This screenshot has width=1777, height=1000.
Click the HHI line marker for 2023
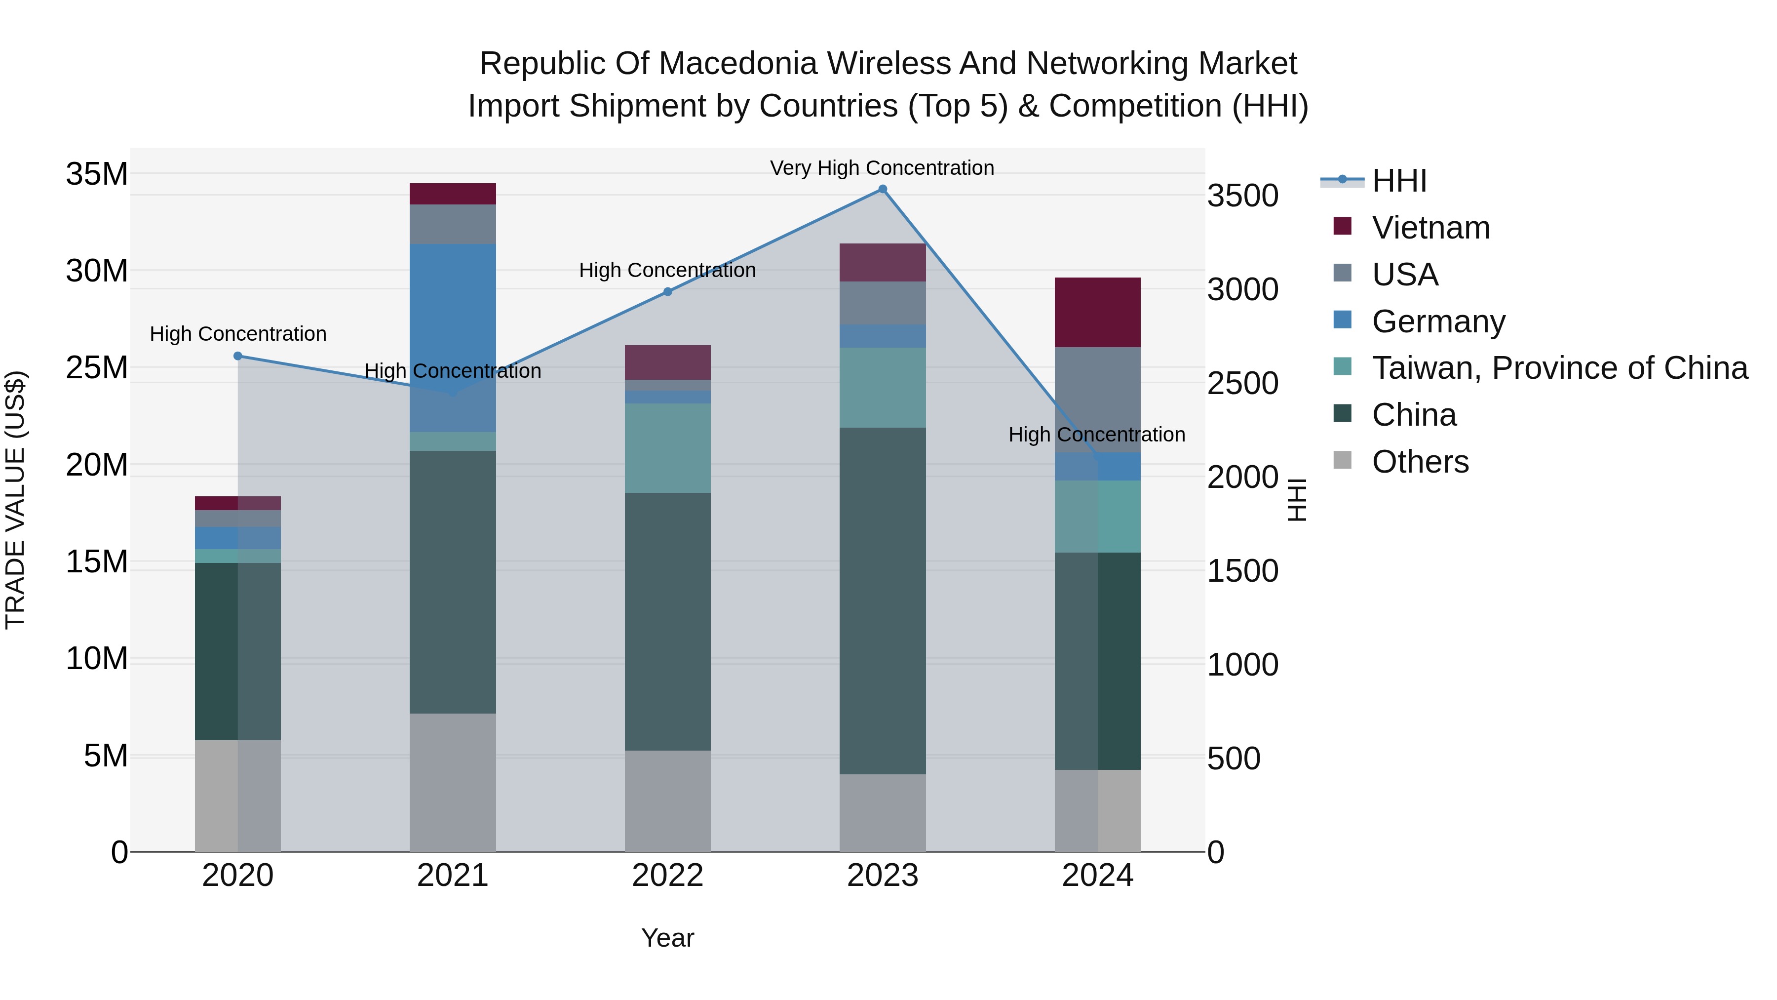[882, 189]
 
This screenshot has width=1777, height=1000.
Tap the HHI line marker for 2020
[238, 356]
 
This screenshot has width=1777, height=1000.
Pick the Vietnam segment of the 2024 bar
[1097, 312]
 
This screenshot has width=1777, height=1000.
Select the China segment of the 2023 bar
[882, 600]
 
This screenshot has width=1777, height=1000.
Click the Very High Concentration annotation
[882, 168]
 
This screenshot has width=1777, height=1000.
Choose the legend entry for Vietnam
[1430, 228]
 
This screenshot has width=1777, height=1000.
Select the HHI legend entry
[1399, 181]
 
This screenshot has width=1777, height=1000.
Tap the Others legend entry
[1420, 462]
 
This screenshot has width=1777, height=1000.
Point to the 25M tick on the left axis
[97, 368]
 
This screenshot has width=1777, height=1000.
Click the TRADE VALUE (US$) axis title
[15, 500]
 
